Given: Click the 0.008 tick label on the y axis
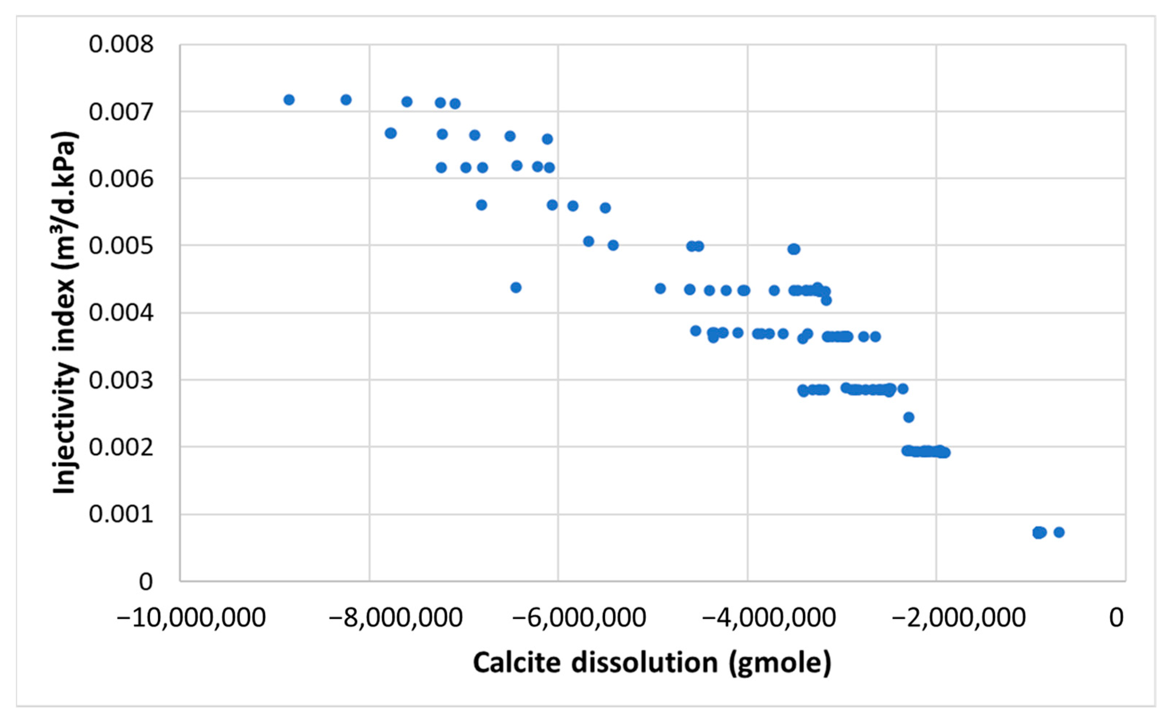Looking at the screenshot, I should [121, 44].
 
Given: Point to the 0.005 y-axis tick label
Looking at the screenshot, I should [121, 246].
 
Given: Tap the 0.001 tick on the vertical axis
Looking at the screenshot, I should [121, 514].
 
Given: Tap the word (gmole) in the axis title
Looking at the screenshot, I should [780, 663].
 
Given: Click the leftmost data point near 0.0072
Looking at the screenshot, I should [289, 100].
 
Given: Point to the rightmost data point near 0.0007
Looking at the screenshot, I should [1059, 532].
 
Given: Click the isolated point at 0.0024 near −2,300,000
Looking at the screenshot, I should [908, 417].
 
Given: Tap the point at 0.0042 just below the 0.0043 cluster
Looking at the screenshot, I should [826, 300].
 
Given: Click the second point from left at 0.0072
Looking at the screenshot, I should [346, 100].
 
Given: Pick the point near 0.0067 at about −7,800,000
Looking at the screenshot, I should [390, 133].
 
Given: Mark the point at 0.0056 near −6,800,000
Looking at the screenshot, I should [481, 205].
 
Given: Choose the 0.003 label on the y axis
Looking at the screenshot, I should [121, 380].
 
